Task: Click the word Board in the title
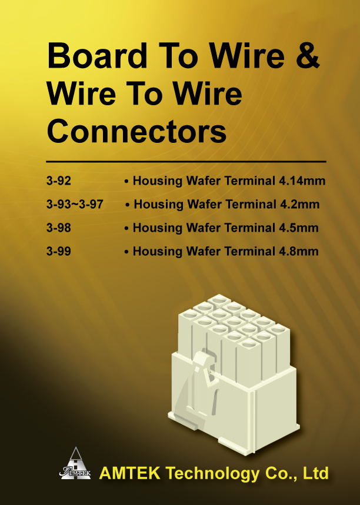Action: coord(97,56)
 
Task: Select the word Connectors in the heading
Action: coord(136,132)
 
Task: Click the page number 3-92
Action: coord(59,180)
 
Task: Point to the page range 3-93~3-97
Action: coord(75,204)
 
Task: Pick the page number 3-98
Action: coord(59,228)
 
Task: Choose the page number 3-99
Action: coord(59,251)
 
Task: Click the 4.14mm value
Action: coord(302,180)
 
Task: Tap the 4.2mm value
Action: coord(299,204)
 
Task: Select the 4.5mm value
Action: coord(298,228)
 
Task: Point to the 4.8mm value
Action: coord(298,251)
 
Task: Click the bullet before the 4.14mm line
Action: coord(126,182)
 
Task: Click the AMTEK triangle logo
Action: coord(75,463)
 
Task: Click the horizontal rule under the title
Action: coord(186,161)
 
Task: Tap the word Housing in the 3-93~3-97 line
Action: coord(159,205)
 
